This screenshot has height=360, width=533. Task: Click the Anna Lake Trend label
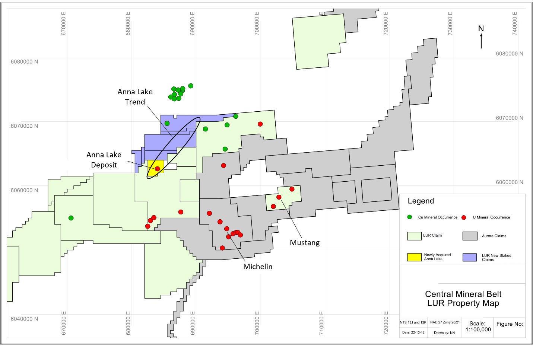pyautogui.click(x=135, y=97)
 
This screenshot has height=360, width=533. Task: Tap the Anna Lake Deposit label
pyautogui.click(x=104, y=160)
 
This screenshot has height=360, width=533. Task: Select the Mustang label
pyautogui.click(x=305, y=243)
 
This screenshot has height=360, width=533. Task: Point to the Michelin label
pyautogui.click(x=258, y=267)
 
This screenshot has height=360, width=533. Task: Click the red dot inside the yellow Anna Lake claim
pyautogui.click(x=158, y=169)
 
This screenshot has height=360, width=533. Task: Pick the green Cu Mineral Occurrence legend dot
pyautogui.click(x=410, y=217)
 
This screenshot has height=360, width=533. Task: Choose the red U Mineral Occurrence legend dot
pyautogui.click(x=464, y=217)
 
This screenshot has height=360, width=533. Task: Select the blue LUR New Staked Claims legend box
pyautogui.click(x=469, y=257)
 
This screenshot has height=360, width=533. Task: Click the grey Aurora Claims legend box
pyautogui.click(x=469, y=236)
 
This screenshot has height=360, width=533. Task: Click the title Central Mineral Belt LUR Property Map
pyautogui.click(x=463, y=299)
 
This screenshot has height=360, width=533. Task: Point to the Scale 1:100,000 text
pyautogui.click(x=478, y=326)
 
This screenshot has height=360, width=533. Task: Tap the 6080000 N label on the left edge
pyautogui.click(x=23, y=62)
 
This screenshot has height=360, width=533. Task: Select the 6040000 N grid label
pyautogui.click(x=23, y=319)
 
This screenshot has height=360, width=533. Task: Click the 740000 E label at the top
pyautogui.click(x=515, y=23)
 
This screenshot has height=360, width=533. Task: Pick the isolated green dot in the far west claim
pyautogui.click(x=71, y=218)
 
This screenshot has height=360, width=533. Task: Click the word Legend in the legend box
pyautogui.click(x=421, y=201)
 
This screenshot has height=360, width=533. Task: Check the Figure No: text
pyautogui.click(x=510, y=324)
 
